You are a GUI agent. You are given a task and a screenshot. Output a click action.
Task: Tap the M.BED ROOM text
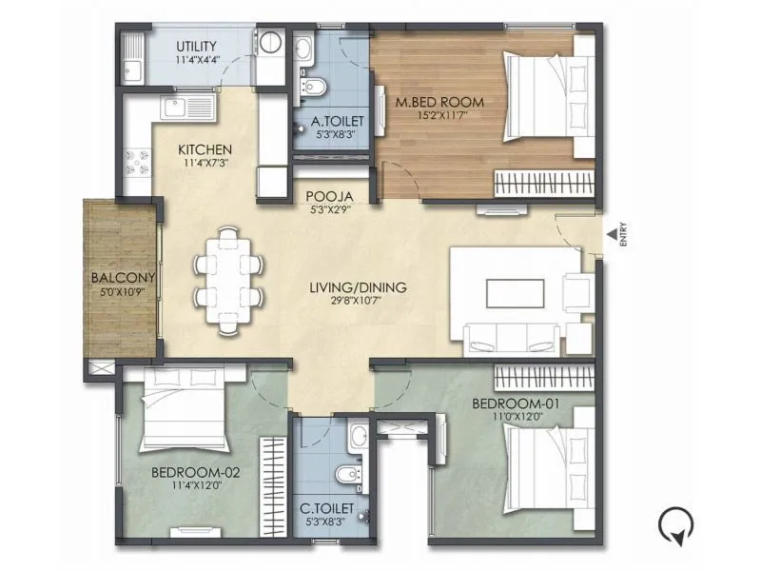441,102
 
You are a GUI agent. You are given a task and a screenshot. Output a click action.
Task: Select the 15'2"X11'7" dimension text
441,116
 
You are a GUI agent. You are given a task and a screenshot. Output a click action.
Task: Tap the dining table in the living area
227,281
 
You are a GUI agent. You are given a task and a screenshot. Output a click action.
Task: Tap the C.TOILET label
322,509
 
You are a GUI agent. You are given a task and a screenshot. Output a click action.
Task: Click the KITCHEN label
205,150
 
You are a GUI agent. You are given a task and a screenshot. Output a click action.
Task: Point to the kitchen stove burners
135,161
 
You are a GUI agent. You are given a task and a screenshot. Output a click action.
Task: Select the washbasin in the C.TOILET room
357,437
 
